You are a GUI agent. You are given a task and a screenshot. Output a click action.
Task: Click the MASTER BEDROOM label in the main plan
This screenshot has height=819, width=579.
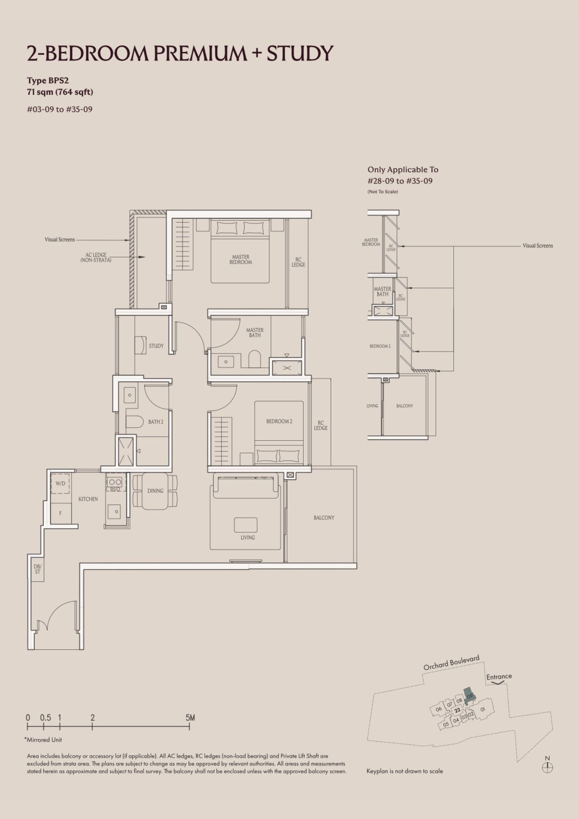click(241, 260)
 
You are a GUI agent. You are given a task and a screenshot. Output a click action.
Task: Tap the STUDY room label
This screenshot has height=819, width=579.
click(156, 346)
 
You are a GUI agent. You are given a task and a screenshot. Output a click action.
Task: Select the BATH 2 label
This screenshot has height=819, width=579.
click(156, 422)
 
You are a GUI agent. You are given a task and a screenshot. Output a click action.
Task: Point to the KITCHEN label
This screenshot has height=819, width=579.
click(88, 499)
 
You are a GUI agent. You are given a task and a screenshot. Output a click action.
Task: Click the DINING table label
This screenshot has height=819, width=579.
click(155, 491)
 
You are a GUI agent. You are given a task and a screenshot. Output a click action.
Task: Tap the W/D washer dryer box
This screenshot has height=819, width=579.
click(60, 483)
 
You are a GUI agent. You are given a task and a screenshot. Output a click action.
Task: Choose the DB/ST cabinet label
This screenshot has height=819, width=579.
click(37, 569)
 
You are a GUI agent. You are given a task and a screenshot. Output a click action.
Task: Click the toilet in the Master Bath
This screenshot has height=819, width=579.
click(254, 359)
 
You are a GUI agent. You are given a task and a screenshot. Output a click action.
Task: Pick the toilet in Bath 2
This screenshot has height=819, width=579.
click(134, 422)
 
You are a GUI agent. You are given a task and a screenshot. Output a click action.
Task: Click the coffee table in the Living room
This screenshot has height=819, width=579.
click(246, 525)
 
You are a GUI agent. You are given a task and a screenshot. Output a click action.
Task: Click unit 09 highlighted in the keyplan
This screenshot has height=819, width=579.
click(469, 696)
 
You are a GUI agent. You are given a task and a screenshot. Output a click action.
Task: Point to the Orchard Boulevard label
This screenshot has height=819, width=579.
click(451, 663)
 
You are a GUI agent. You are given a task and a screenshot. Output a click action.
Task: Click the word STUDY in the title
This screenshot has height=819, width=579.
click(300, 54)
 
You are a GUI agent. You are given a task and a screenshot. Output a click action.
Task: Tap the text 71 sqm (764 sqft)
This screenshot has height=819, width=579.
click(60, 92)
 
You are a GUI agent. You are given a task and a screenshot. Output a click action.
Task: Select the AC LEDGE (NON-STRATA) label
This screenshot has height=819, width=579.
click(96, 257)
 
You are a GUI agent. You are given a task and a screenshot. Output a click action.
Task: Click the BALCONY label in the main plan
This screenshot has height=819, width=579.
click(324, 518)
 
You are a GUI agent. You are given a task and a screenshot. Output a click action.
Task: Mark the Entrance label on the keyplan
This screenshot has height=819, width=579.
click(499, 677)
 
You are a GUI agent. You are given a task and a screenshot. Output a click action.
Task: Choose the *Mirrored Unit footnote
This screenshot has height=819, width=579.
click(43, 740)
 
